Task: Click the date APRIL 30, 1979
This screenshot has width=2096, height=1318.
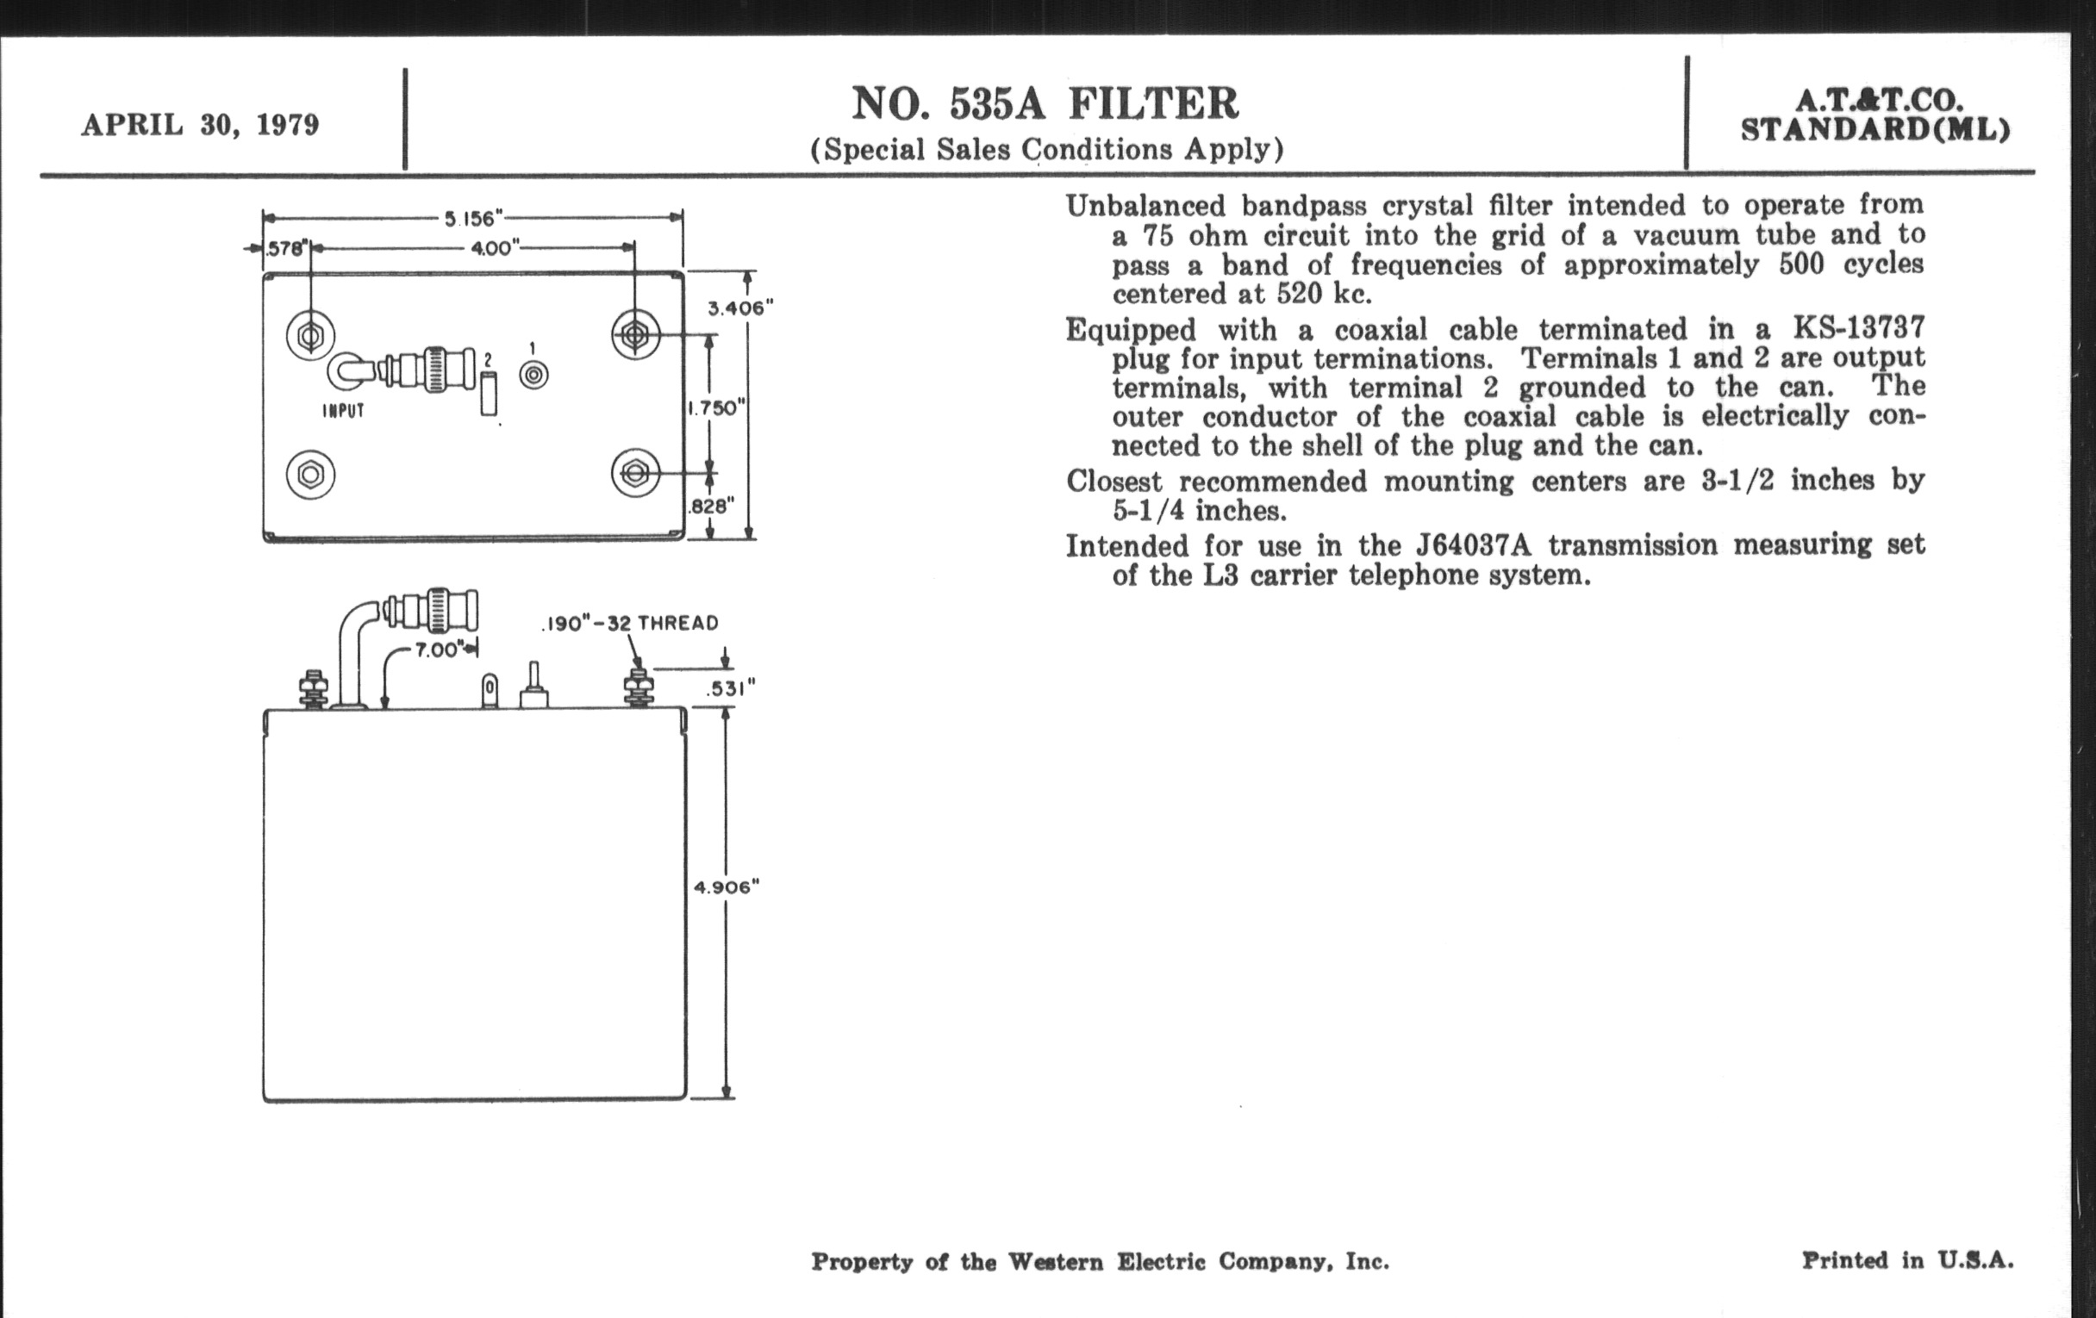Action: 200,125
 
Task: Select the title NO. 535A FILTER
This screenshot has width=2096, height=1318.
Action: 1045,103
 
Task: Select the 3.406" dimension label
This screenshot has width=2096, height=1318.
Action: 739,308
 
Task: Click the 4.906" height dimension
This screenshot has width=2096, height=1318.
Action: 726,887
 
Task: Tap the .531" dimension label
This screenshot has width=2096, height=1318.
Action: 730,688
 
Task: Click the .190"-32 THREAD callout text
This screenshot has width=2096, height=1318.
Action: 630,623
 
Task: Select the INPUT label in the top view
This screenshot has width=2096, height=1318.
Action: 344,411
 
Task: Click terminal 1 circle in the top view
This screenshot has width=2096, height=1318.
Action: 533,375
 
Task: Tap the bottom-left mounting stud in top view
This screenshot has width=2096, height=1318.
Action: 311,474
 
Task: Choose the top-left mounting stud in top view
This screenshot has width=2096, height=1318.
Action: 311,334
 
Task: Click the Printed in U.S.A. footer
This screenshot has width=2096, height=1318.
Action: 1907,1259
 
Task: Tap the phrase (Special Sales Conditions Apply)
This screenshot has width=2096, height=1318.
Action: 1047,150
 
